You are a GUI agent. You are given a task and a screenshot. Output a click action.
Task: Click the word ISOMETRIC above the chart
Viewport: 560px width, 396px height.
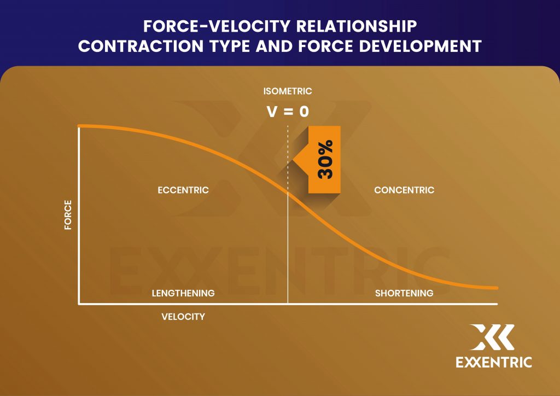288,91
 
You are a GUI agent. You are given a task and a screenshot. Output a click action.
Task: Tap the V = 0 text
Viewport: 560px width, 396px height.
288,112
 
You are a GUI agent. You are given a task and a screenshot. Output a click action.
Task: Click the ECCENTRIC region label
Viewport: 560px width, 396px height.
183,190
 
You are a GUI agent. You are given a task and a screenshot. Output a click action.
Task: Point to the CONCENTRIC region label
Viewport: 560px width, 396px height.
404,190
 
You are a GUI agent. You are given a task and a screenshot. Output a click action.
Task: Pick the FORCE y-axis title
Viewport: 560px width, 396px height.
68,214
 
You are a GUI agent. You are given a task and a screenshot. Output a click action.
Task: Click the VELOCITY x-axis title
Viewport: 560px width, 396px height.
183,317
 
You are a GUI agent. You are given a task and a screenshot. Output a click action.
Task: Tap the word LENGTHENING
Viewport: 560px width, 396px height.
183,293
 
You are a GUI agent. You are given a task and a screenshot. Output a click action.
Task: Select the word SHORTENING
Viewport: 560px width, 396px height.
404,293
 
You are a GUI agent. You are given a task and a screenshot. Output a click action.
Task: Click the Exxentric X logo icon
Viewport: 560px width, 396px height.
492,337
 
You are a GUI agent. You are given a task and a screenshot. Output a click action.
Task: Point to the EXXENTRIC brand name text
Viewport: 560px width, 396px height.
494,362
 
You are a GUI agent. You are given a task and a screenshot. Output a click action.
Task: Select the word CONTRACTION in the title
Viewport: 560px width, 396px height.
141,46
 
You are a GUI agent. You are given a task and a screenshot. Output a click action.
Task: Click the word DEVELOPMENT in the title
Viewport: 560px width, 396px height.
421,46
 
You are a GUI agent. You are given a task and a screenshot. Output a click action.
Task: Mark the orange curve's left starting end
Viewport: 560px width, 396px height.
79,126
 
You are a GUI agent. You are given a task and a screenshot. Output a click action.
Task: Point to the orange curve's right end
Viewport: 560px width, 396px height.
497,288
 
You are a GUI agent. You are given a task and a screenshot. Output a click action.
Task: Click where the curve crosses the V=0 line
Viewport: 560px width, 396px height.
288,193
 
